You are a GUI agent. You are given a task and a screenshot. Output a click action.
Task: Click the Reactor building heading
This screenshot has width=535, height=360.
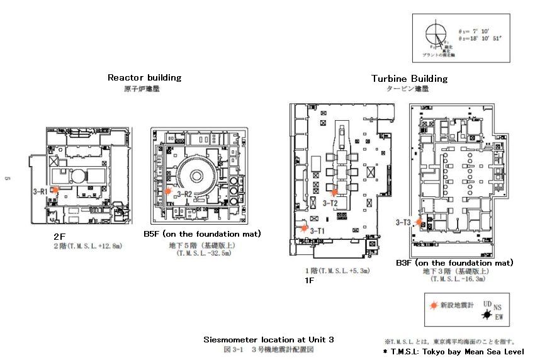144,77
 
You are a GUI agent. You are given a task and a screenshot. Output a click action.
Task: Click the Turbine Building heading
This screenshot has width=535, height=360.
409,79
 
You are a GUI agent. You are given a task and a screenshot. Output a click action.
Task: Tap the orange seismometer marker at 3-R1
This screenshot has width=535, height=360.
55,189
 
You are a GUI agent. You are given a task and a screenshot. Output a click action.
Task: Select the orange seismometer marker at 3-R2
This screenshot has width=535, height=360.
168,191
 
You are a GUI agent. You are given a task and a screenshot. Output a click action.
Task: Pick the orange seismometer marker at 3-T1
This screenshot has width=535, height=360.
305,228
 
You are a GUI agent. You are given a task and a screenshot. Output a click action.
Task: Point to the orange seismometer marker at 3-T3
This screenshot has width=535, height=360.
419,222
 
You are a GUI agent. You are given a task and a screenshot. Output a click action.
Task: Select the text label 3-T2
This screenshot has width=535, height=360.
331,203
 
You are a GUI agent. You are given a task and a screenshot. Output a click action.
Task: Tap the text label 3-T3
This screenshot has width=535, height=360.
403,222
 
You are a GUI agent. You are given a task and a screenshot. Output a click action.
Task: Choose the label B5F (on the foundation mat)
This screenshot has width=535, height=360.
202,234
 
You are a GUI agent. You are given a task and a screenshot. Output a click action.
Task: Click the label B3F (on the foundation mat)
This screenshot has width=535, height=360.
454,262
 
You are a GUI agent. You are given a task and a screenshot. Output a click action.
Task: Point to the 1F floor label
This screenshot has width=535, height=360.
309,281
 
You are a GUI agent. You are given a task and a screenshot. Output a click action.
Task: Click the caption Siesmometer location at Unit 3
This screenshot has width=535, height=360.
268,340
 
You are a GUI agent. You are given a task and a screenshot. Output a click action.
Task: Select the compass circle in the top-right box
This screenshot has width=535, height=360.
435,34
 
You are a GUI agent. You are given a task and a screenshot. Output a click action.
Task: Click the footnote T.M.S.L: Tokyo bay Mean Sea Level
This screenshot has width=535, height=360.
453,351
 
